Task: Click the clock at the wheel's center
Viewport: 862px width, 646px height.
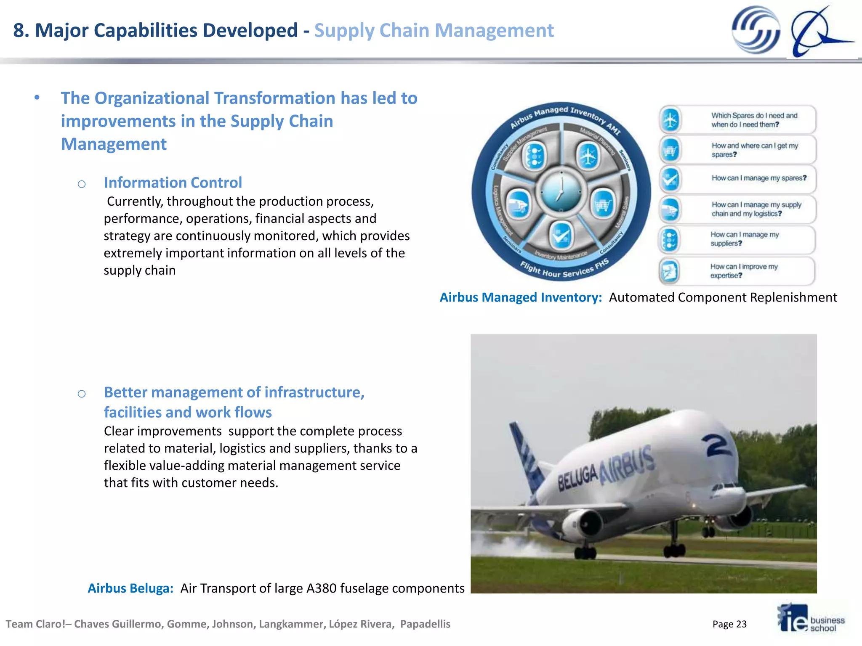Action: tap(561, 192)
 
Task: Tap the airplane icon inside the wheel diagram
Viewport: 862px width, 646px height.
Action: tap(588, 156)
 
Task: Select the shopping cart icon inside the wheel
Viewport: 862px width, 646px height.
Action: tap(603, 205)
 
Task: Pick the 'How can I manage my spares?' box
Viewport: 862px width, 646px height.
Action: tap(737, 179)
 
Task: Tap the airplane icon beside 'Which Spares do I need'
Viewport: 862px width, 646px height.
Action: tap(670, 120)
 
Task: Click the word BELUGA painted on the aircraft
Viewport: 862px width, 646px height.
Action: tap(578, 478)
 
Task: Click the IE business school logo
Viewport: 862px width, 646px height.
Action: tap(810, 619)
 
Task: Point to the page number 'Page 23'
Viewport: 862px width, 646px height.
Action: tap(729, 624)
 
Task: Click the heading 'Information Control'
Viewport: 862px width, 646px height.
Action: tap(173, 183)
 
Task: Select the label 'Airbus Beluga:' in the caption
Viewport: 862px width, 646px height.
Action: tap(130, 588)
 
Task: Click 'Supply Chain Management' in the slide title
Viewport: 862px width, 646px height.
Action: tap(434, 30)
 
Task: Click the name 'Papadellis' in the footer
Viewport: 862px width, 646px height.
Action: tap(425, 624)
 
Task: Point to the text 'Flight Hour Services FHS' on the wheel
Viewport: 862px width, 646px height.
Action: tap(564, 269)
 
